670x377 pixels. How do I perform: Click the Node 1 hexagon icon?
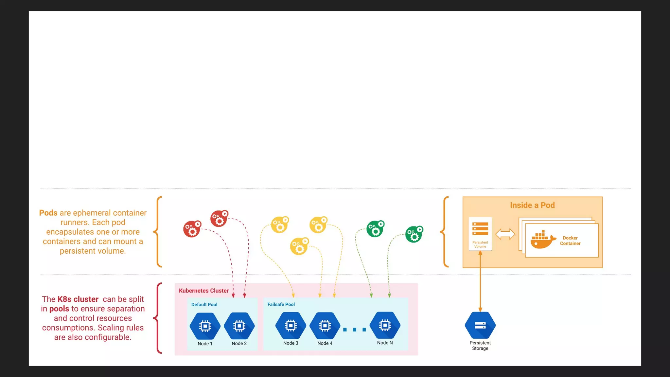pos(205,326)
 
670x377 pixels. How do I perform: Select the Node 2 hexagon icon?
pos(239,326)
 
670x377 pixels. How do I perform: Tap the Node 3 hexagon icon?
pos(291,326)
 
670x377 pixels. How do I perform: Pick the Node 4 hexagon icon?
pos(325,326)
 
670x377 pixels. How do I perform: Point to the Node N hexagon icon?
pos(385,325)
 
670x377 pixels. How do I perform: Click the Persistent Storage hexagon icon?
pos(480,325)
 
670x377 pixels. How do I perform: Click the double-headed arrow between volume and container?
pos(505,234)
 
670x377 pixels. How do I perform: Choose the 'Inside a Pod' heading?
pos(532,205)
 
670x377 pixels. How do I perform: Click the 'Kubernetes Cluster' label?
pos(203,291)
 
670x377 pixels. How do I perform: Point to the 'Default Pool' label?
pos(204,304)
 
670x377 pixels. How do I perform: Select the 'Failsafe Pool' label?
pos(281,304)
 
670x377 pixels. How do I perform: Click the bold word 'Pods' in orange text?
pos(48,213)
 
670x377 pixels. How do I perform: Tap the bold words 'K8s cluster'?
pos(78,299)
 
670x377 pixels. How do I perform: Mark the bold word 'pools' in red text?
pos(59,309)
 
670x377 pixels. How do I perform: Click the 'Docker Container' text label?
pos(570,241)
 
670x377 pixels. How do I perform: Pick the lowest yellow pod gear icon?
pos(299,246)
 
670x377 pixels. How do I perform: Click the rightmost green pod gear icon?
pos(414,234)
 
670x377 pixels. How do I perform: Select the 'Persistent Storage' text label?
pos(480,345)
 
